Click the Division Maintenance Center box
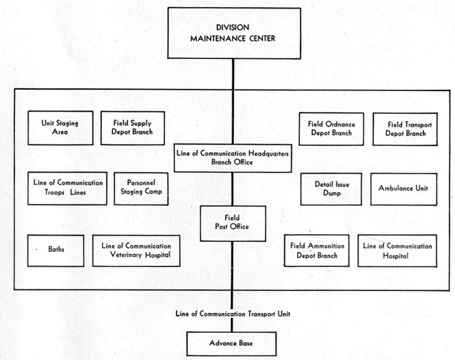(234, 33)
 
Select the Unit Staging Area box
(60, 128)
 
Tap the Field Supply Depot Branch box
(133, 128)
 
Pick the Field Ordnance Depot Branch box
(331, 129)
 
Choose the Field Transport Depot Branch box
(405, 129)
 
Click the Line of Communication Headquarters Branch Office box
(232, 158)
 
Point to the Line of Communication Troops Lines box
(68, 189)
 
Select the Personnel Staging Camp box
(141, 189)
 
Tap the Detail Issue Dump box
(331, 189)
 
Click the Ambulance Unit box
(404, 189)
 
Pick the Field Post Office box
(232, 223)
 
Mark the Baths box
(55, 250)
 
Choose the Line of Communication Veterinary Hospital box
(136, 250)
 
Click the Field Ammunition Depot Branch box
(316, 250)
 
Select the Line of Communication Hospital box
(397, 251)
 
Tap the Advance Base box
(231, 344)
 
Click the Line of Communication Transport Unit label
(232, 314)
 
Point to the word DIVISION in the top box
(232, 27)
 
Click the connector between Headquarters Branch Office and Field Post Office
(232, 189)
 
